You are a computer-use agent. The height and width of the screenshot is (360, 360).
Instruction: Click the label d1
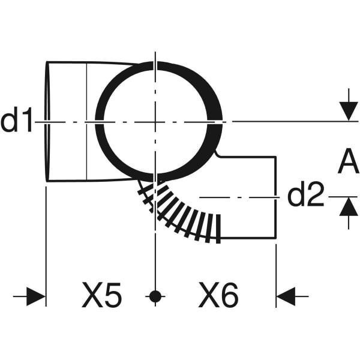[16, 121]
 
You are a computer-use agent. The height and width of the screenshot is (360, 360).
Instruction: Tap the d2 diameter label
[305, 196]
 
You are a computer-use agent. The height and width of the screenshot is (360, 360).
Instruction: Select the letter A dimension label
[347, 162]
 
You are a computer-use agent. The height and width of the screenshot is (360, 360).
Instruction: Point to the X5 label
[101, 296]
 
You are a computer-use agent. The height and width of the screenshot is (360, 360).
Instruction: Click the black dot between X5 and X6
[155, 296]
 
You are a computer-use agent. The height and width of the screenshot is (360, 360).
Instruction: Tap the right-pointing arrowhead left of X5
[36, 296]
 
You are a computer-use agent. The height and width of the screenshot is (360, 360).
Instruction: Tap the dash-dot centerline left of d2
[240, 196]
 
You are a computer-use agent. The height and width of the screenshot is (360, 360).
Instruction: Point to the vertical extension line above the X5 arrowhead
[46, 240]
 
